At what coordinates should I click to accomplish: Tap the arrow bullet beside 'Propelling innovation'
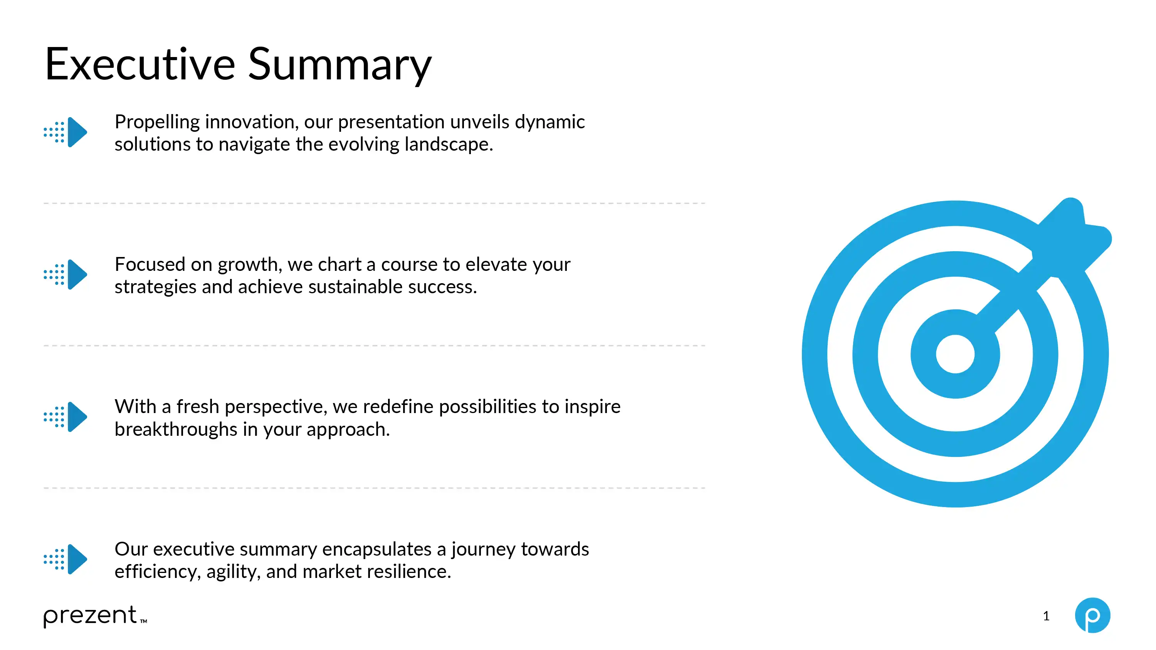point(66,132)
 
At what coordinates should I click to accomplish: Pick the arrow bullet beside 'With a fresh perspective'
point(66,417)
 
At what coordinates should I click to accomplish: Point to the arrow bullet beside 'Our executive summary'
point(66,559)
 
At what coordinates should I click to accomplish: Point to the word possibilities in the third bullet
point(488,407)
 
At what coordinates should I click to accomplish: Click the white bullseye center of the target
point(955,354)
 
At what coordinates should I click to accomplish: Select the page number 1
point(1046,616)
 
